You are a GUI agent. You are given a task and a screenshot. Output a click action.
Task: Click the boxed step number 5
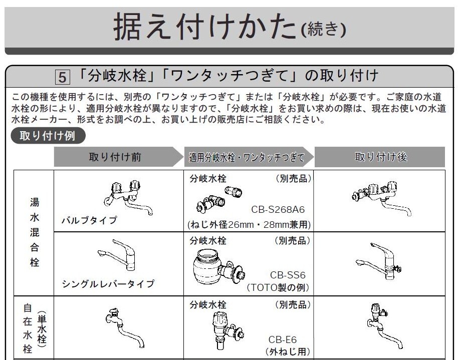[63, 77]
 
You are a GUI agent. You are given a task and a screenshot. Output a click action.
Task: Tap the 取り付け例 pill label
[48, 136]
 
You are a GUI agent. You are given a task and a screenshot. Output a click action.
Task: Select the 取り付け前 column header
[115, 157]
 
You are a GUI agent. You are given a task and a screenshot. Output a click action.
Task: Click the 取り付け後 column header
[381, 157]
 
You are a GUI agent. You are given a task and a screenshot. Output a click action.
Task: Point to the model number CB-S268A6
[278, 209]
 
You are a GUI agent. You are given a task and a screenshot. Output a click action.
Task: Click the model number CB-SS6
[288, 275]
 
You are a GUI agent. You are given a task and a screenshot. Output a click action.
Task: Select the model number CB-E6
[283, 339]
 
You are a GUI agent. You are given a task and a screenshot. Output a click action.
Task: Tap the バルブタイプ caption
[89, 220]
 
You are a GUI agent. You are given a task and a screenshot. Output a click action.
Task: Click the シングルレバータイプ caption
[108, 283]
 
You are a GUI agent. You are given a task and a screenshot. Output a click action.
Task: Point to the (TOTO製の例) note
[278, 287]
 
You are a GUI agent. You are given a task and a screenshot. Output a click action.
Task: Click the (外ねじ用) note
[288, 351]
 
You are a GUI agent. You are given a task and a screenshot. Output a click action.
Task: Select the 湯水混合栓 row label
[35, 232]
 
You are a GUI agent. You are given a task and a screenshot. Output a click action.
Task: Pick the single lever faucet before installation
[117, 255]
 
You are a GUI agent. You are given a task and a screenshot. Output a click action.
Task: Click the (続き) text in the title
[323, 29]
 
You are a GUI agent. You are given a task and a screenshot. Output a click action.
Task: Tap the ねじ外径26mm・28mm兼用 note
[249, 224]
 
